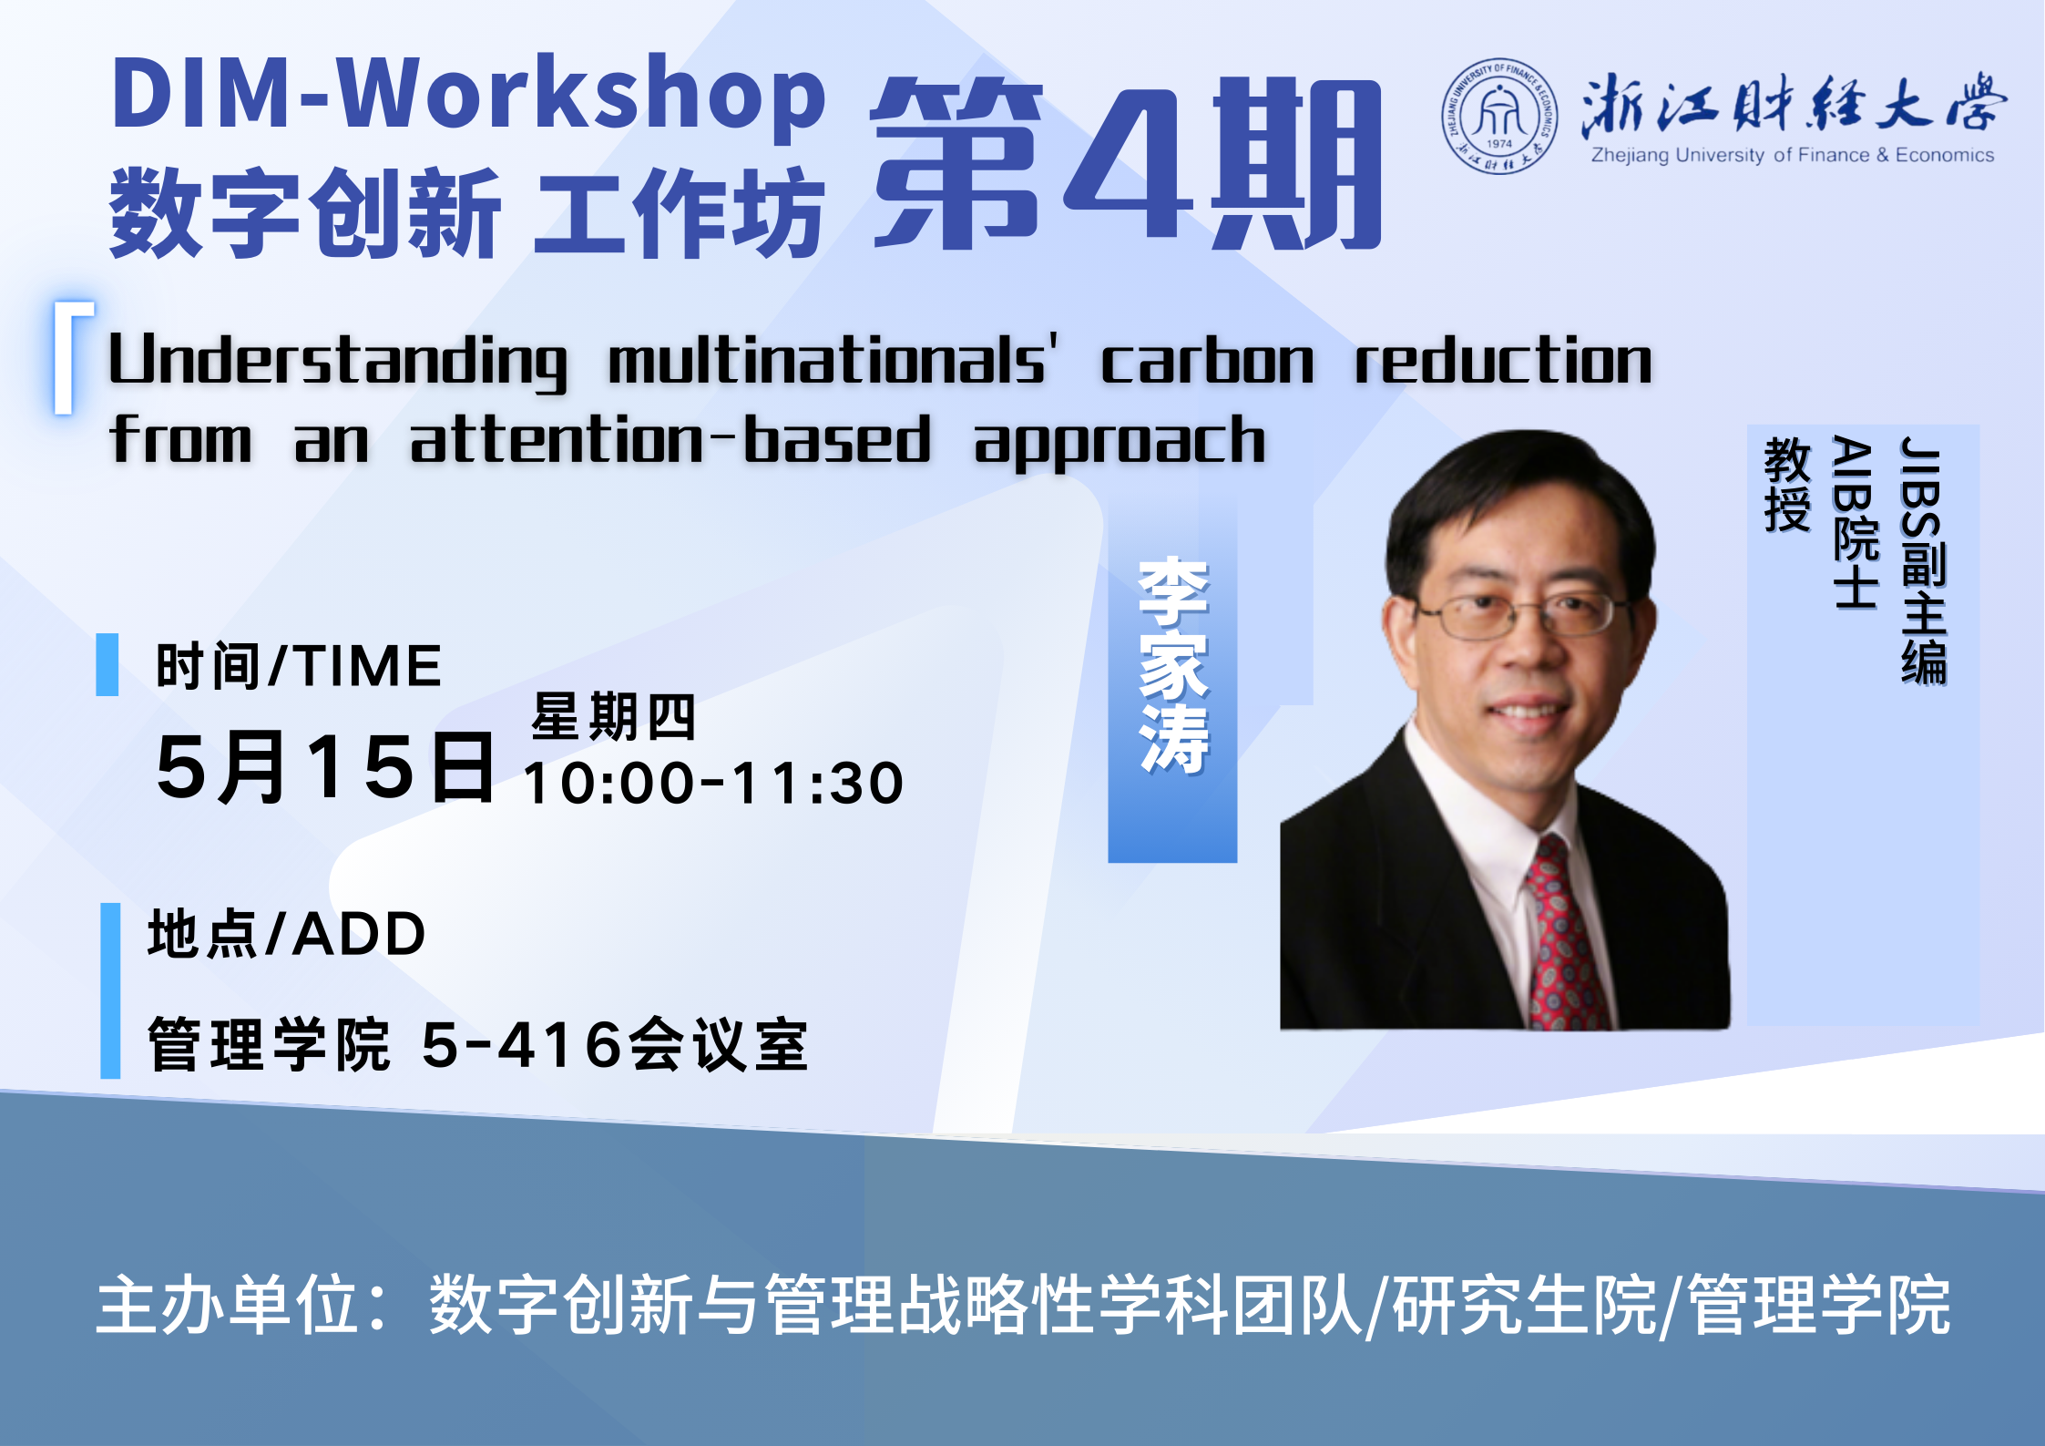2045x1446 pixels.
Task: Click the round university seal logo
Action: (1499, 117)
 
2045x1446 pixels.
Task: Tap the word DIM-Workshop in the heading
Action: (468, 94)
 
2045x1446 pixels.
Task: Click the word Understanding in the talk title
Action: (338, 361)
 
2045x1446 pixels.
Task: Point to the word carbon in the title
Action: (1208, 359)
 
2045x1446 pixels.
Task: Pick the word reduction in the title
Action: (1503, 359)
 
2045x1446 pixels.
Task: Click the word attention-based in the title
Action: (670, 439)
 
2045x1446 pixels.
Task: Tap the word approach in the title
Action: (1120, 442)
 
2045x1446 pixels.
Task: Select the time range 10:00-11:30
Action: (713, 783)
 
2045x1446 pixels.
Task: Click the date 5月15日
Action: (325, 767)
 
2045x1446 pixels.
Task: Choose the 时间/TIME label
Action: (299, 665)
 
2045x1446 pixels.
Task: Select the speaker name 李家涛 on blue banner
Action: (1173, 666)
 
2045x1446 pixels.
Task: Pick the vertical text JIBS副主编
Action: (1923, 561)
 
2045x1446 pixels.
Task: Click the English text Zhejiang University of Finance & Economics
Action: (1793, 155)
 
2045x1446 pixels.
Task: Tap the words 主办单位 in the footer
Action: (228, 1305)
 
